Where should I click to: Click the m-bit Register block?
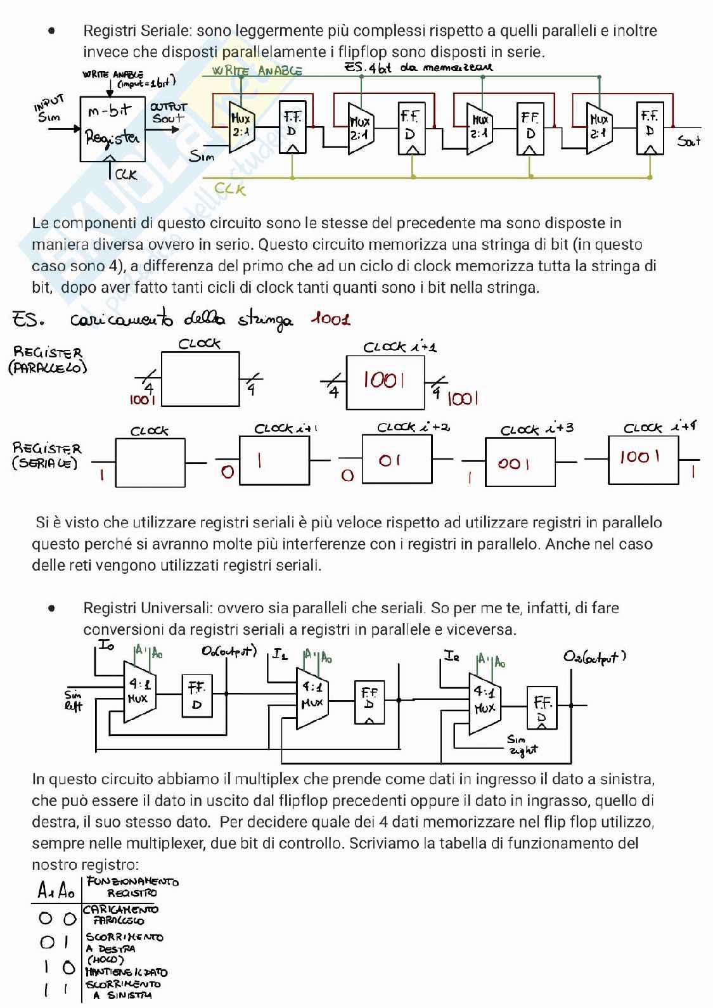[x=113, y=128]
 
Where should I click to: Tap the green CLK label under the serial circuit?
[x=229, y=188]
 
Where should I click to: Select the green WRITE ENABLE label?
[x=257, y=70]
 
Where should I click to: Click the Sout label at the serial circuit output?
[x=689, y=141]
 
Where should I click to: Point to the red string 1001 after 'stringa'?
[x=330, y=318]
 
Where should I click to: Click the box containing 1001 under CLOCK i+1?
[x=385, y=382]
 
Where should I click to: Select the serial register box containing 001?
[x=520, y=462]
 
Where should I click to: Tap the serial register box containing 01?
[x=397, y=460]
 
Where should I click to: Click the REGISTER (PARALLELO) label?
[x=48, y=359]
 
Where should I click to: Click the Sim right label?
[x=522, y=744]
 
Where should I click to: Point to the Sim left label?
[x=74, y=700]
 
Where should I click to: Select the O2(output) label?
[x=594, y=656]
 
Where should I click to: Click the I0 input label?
[x=106, y=645]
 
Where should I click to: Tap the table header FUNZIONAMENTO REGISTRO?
[x=132, y=887]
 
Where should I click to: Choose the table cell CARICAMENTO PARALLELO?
[x=120, y=915]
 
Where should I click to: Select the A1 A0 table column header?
[x=56, y=891]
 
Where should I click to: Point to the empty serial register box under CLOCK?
[x=150, y=462]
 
